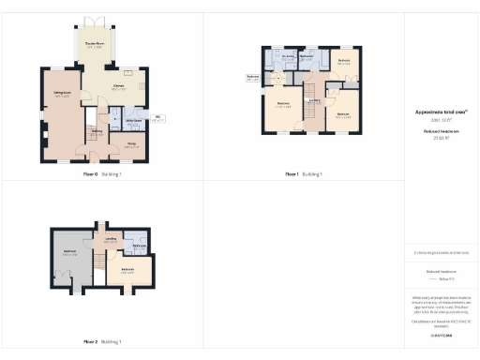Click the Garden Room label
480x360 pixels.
coord(94,44)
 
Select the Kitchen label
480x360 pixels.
coord(119,87)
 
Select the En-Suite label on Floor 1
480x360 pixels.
coord(289,58)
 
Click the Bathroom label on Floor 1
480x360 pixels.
coord(307,58)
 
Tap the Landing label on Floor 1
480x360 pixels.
coord(315,100)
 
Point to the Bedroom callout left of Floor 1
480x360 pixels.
coord(252,78)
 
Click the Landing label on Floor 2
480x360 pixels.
coord(111,240)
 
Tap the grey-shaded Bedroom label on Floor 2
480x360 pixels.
coord(69,252)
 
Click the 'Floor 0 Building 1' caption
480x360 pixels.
coord(102,174)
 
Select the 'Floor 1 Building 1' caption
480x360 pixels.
coord(303,174)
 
